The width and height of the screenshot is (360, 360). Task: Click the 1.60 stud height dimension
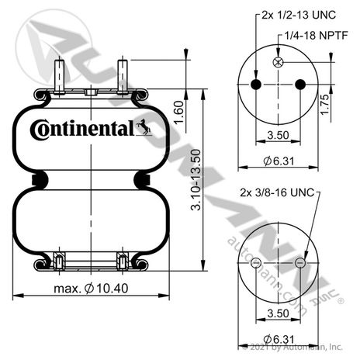[x=178, y=112]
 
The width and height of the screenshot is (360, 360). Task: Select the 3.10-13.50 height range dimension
[x=196, y=180]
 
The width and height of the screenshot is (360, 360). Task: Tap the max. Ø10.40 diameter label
[x=91, y=289]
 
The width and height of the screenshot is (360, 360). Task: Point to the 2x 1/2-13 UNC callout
[x=299, y=15]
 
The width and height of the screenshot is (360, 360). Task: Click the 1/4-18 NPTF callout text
[x=316, y=36]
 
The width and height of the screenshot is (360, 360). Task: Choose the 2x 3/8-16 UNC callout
[x=277, y=192]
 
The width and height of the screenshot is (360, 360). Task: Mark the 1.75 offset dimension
[x=324, y=105]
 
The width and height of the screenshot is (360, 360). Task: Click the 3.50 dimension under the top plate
[x=278, y=135]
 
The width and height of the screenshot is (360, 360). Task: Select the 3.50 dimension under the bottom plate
[x=278, y=313]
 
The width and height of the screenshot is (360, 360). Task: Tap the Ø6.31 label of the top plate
[x=279, y=161]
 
